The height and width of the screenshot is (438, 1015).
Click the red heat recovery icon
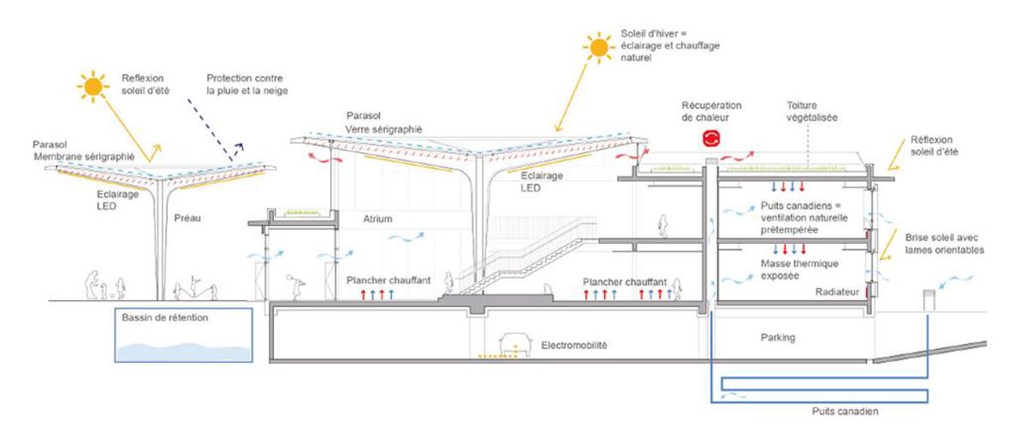(711, 137)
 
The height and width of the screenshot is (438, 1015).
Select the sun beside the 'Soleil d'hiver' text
(599, 47)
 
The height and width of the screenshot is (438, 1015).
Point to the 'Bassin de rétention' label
(161, 317)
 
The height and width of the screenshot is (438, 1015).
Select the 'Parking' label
(778, 337)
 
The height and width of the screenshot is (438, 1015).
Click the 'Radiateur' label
(837, 293)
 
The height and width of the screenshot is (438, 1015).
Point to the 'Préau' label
(187, 218)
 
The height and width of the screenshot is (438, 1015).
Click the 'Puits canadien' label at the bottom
(846, 411)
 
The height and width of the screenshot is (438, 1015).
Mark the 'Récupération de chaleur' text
(711, 110)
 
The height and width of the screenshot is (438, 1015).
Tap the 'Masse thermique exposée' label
(791, 269)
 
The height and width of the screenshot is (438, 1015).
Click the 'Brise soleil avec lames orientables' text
(945, 244)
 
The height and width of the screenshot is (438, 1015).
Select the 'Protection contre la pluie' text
(247, 85)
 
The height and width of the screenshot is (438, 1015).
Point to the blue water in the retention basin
(183, 352)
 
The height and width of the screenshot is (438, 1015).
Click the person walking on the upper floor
(663, 227)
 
